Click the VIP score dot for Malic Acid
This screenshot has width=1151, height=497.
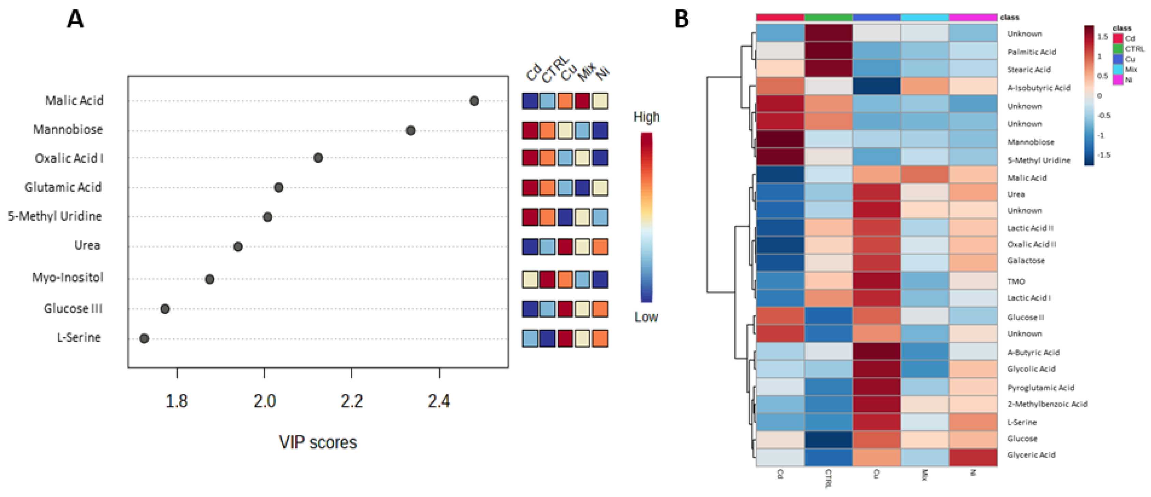tap(474, 101)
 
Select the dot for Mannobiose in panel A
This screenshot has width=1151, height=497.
tap(411, 131)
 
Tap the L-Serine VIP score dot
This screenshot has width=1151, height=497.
tap(144, 338)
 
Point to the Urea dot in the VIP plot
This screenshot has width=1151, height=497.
tap(238, 246)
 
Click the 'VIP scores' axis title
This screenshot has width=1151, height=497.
tap(318, 442)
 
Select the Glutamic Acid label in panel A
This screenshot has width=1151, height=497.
tap(63, 187)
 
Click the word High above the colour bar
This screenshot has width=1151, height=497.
tap(646, 117)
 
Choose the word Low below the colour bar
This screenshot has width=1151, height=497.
tap(646, 317)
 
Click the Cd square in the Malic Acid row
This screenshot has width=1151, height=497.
tap(530, 101)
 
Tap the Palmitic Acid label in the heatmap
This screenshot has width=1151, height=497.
tap(1031, 52)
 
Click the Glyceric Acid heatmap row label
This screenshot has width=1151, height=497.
tap(1031, 455)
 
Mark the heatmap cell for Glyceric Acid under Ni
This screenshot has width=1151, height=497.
tap(973, 457)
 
